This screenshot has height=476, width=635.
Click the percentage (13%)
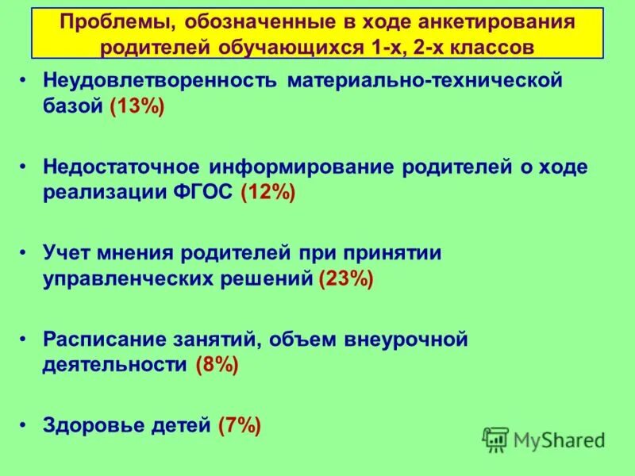tap(137, 108)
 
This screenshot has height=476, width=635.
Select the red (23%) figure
tap(345, 279)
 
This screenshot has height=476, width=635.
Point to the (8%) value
tap(216, 365)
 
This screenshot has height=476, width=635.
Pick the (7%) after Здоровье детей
tap(239, 425)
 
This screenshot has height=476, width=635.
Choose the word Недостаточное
tap(122, 167)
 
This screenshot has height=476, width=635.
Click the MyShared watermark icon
tap(495, 439)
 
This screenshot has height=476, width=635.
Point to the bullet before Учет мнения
tap(25, 253)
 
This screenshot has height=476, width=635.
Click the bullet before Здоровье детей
tap(25, 425)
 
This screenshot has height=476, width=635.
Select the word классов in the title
tap(489, 46)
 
